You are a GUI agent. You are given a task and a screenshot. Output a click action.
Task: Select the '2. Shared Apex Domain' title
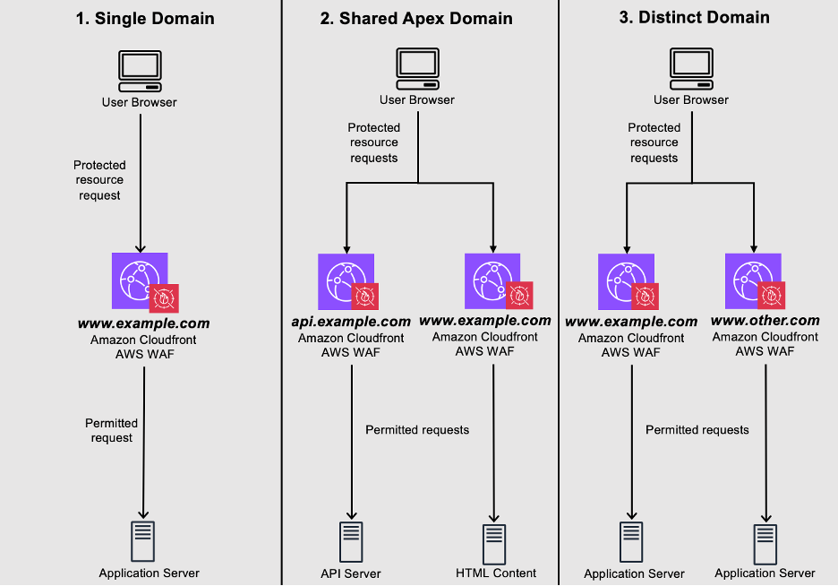pos(416,18)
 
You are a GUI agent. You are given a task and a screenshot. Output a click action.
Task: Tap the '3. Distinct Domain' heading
pos(694,17)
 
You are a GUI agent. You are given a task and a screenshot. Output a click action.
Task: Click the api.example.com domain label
pos(351,321)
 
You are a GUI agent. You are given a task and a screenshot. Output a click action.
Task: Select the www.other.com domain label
pos(765,320)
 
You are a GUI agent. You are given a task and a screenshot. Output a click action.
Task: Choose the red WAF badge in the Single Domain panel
pos(164,298)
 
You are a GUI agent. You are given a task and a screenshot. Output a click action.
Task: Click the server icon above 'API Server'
pos(351,541)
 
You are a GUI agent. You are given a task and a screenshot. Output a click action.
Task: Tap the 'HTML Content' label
pos(496,573)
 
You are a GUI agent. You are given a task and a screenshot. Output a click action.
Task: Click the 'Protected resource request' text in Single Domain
pos(99,180)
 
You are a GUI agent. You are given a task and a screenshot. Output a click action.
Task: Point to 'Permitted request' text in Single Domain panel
pos(111,430)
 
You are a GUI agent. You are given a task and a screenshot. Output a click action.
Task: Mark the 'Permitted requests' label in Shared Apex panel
pos(417,430)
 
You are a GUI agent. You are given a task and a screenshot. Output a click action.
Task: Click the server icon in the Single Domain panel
pos(143,539)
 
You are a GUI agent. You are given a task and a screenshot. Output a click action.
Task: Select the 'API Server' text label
pos(351,573)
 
